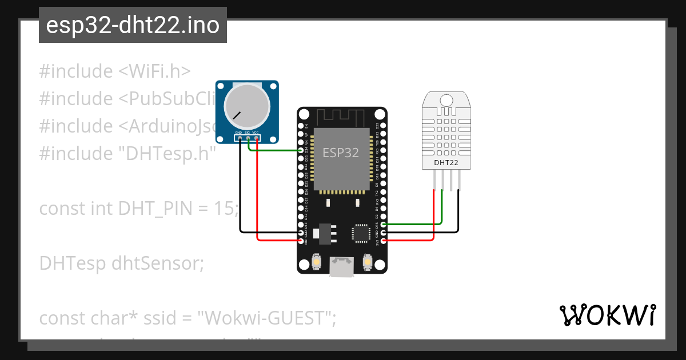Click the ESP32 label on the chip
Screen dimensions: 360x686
click(341, 153)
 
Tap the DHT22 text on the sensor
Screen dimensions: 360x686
click(446, 163)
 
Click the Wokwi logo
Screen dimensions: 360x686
click(607, 315)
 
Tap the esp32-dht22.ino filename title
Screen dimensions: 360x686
click(133, 25)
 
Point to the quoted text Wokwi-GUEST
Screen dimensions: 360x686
click(266, 318)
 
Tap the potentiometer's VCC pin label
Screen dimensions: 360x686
click(256, 133)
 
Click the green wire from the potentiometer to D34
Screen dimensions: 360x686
click(274, 151)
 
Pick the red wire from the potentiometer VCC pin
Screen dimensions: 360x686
click(258, 194)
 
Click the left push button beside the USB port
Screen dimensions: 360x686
click(317, 263)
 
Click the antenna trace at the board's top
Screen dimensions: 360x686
click(341, 117)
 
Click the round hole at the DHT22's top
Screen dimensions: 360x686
click(446, 100)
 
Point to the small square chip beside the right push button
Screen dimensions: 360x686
click(361, 233)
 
